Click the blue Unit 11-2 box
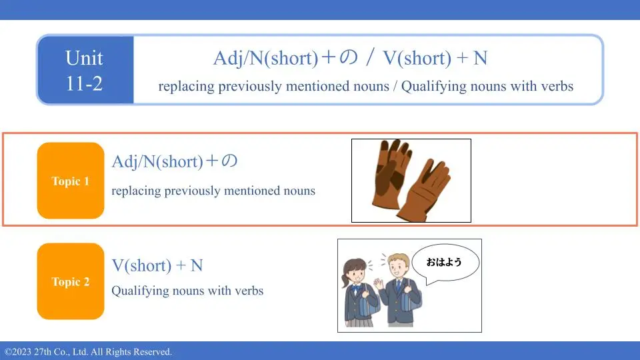pos(85,70)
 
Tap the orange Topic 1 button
pos(71,181)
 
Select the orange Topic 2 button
pos(71,281)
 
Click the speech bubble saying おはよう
pos(445,263)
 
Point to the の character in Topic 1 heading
pos(229,161)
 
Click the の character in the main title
pos(349,57)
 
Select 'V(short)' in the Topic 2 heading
pos(141,266)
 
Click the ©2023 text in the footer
pos(18,352)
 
